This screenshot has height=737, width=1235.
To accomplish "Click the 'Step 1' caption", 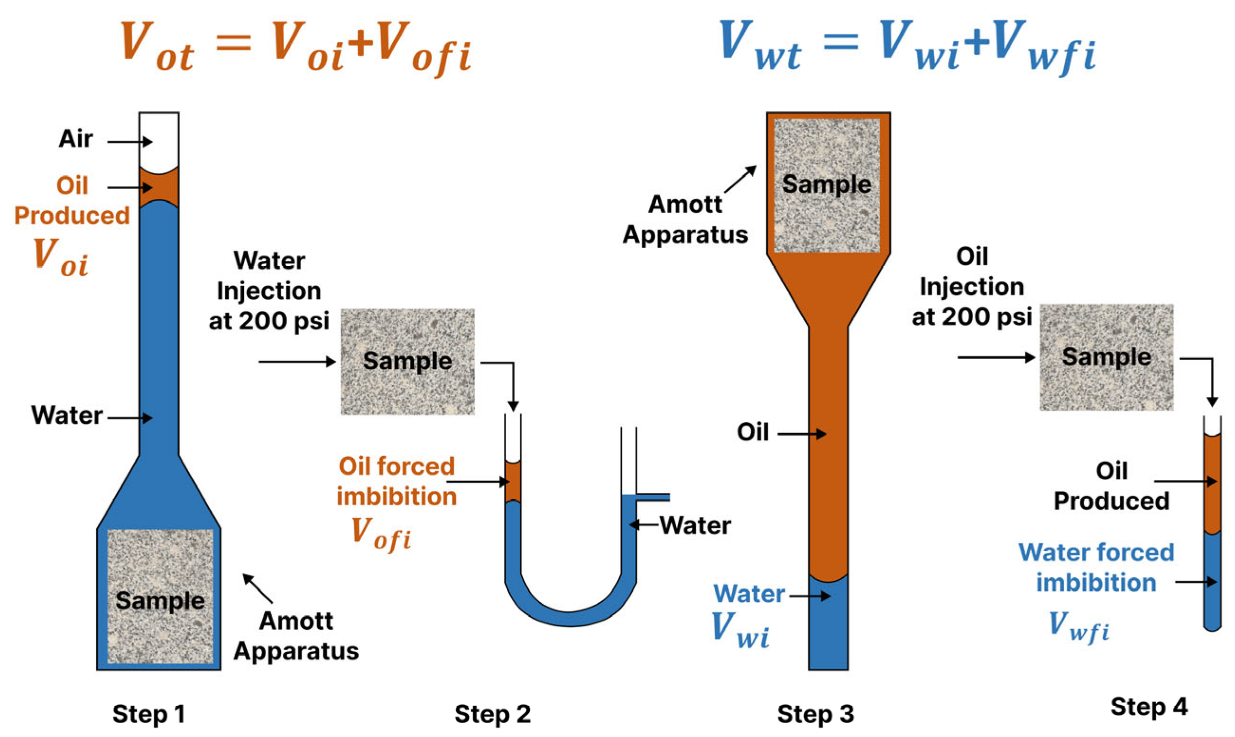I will tap(149, 714).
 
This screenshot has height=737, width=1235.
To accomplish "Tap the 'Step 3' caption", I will tap(815, 714).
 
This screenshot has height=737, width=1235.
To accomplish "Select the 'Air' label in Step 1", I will tap(75, 139).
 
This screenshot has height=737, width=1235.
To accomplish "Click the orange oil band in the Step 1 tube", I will tap(159, 188).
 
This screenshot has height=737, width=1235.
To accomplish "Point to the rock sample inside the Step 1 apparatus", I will tap(160, 596).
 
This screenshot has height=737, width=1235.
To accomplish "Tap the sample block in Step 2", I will tap(407, 361).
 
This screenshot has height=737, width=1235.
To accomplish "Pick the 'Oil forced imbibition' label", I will tap(396, 481).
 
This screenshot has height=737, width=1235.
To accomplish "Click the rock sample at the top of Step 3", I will tap(827, 185).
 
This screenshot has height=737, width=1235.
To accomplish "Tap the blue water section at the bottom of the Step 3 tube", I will tap(828, 626).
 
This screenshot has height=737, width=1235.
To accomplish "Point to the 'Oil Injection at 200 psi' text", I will tap(971, 287).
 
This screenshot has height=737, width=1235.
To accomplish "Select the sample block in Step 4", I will tap(1106, 357).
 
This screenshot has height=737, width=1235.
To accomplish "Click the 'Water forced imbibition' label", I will tap(1096, 567).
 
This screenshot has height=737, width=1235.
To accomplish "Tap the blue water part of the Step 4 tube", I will tap(1212, 581).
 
